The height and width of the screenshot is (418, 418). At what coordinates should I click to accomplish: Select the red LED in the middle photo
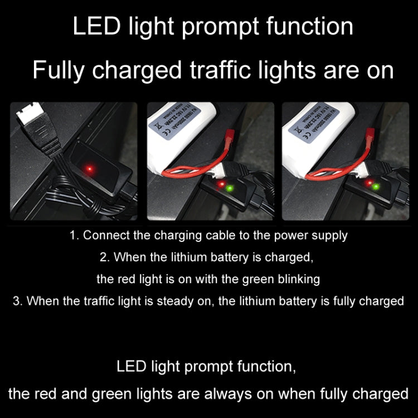click(x=222, y=183)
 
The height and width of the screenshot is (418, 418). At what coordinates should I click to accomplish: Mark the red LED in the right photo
click(x=368, y=182)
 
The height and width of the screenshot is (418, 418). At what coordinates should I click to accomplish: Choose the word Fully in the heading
click(x=59, y=71)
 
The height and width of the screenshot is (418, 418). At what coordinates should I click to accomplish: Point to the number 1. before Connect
click(x=75, y=235)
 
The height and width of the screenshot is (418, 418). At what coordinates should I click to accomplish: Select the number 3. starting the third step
click(x=17, y=301)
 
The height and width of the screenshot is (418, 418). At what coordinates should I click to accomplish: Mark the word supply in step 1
click(x=331, y=235)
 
